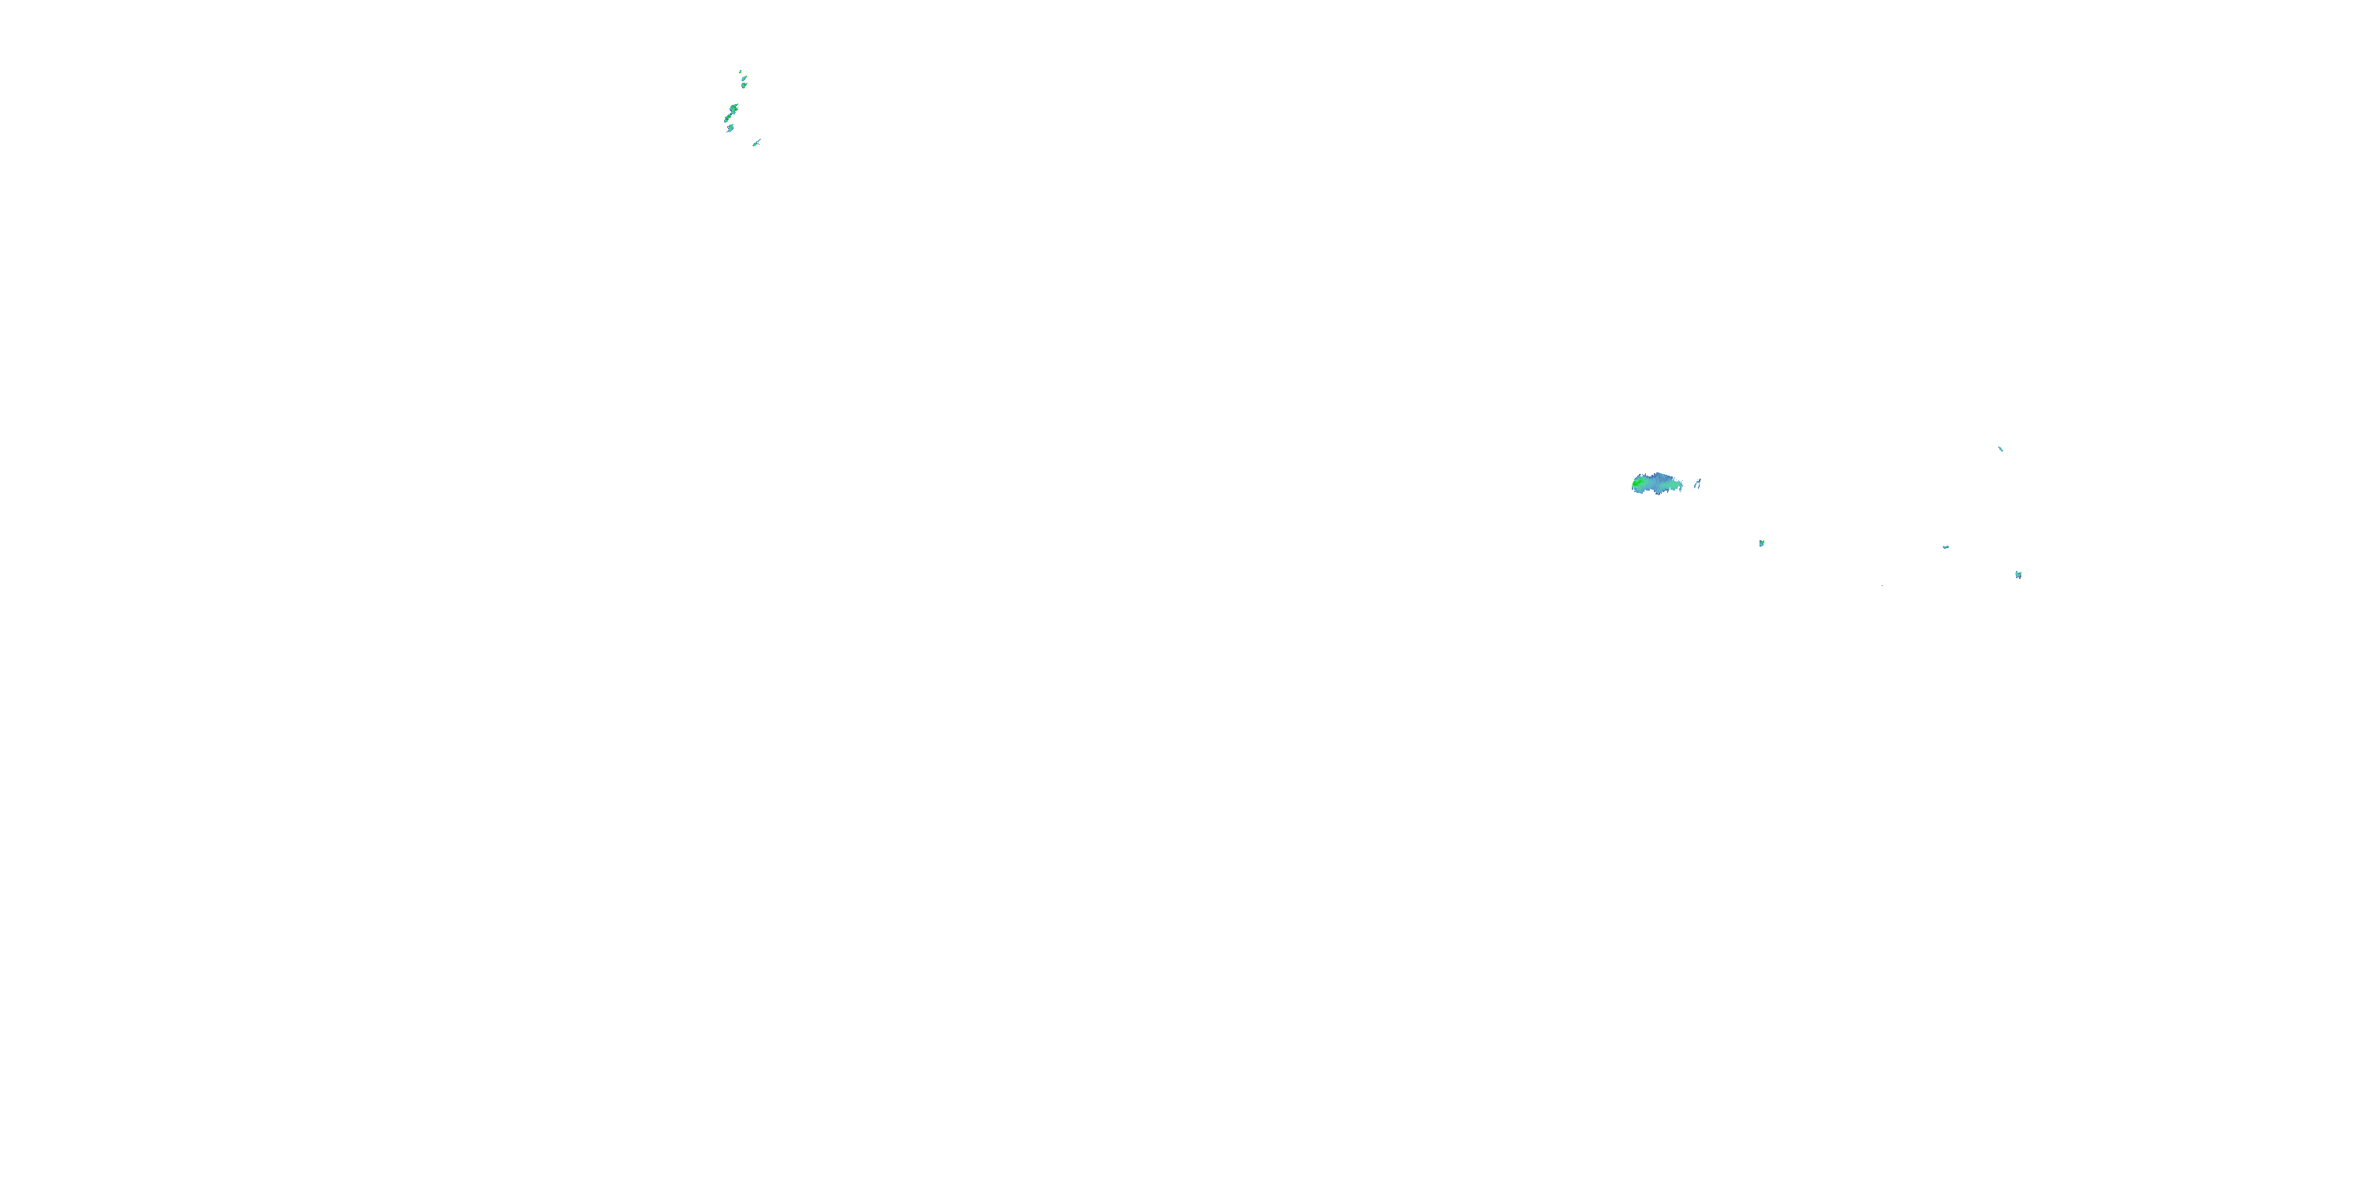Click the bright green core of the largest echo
pos(1636,484)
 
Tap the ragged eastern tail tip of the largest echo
pos(1683,486)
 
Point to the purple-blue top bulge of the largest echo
pos(1658,475)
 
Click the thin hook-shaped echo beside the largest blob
pos(1698,484)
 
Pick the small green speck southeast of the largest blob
pos(1763,543)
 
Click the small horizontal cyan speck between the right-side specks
pos(1946,547)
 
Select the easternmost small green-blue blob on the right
pos(2019,575)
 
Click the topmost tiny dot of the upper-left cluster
pos(741,73)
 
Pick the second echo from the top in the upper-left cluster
pos(745,79)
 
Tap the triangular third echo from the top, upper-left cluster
pos(744,85)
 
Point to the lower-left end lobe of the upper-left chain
pos(726,121)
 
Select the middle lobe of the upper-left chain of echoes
pos(730,117)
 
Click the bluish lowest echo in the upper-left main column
pos(731,128)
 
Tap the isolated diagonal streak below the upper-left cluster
pos(756,144)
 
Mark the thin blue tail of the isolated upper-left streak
pos(759,140)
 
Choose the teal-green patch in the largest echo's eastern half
pos(1672,486)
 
